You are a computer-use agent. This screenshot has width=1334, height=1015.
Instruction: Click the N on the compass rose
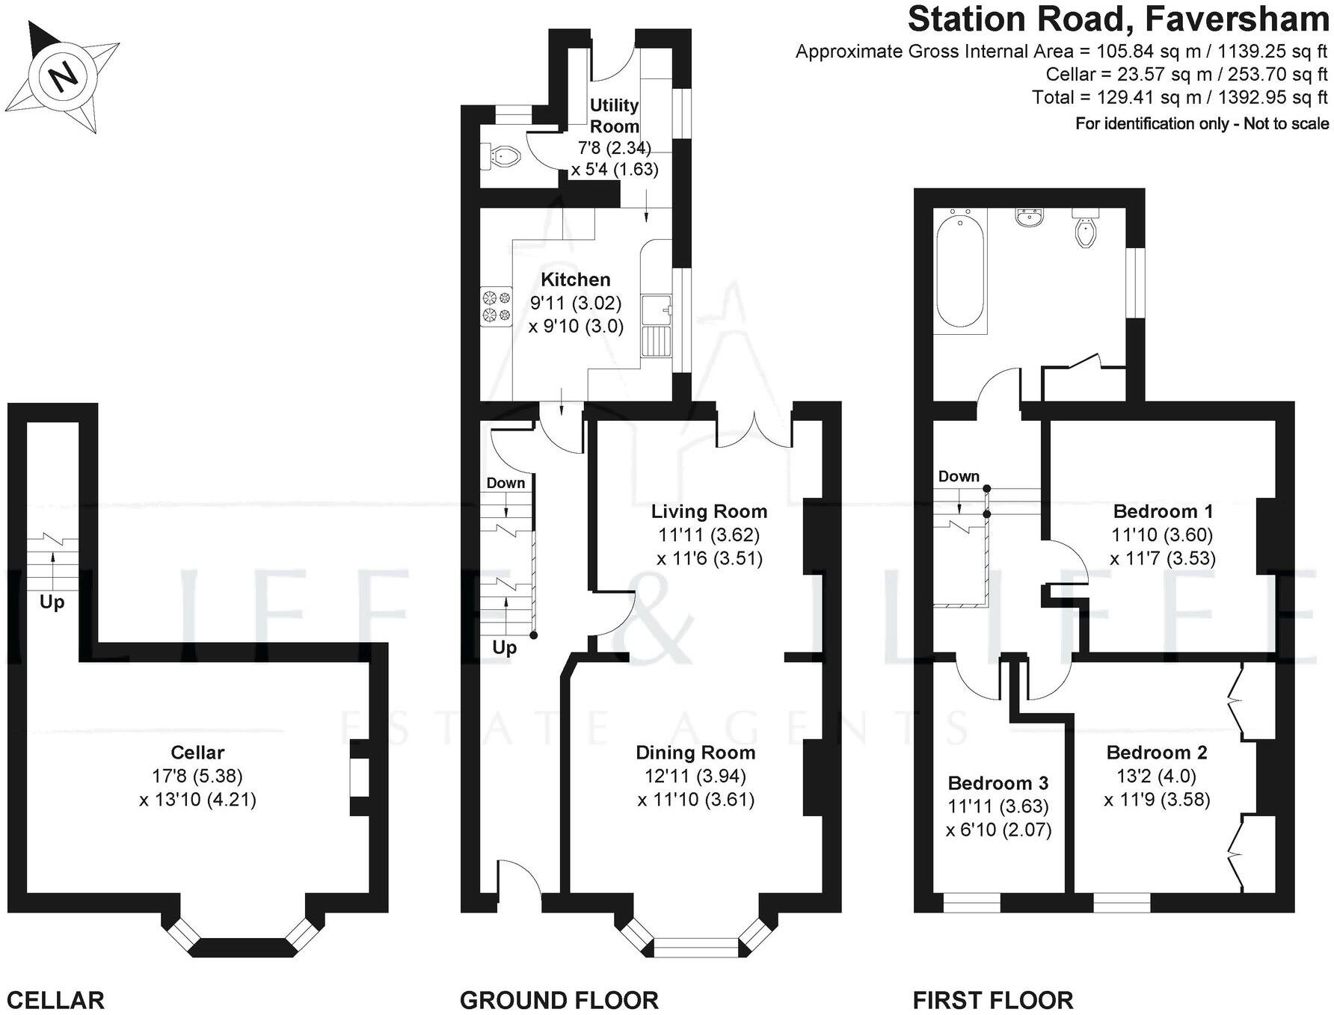[64, 75]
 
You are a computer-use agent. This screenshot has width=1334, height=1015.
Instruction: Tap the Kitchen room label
[575, 280]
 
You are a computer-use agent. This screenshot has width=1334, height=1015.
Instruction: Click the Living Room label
[709, 511]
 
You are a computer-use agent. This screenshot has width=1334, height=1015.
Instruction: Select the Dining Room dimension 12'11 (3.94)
[695, 776]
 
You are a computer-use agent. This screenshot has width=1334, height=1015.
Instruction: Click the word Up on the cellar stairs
[52, 602]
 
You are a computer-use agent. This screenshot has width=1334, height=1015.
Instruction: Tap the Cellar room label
[197, 753]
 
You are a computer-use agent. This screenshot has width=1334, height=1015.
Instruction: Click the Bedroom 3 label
[998, 783]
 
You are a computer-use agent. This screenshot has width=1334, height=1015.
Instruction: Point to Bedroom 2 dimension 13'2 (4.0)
[1157, 776]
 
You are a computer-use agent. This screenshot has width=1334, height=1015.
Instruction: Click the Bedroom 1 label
[1163, 511]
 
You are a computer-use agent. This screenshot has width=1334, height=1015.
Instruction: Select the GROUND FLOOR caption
[559, 1000]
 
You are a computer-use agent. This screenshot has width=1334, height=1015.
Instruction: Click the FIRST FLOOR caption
[992, 1000]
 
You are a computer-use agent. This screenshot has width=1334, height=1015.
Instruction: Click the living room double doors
[755, 430]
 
